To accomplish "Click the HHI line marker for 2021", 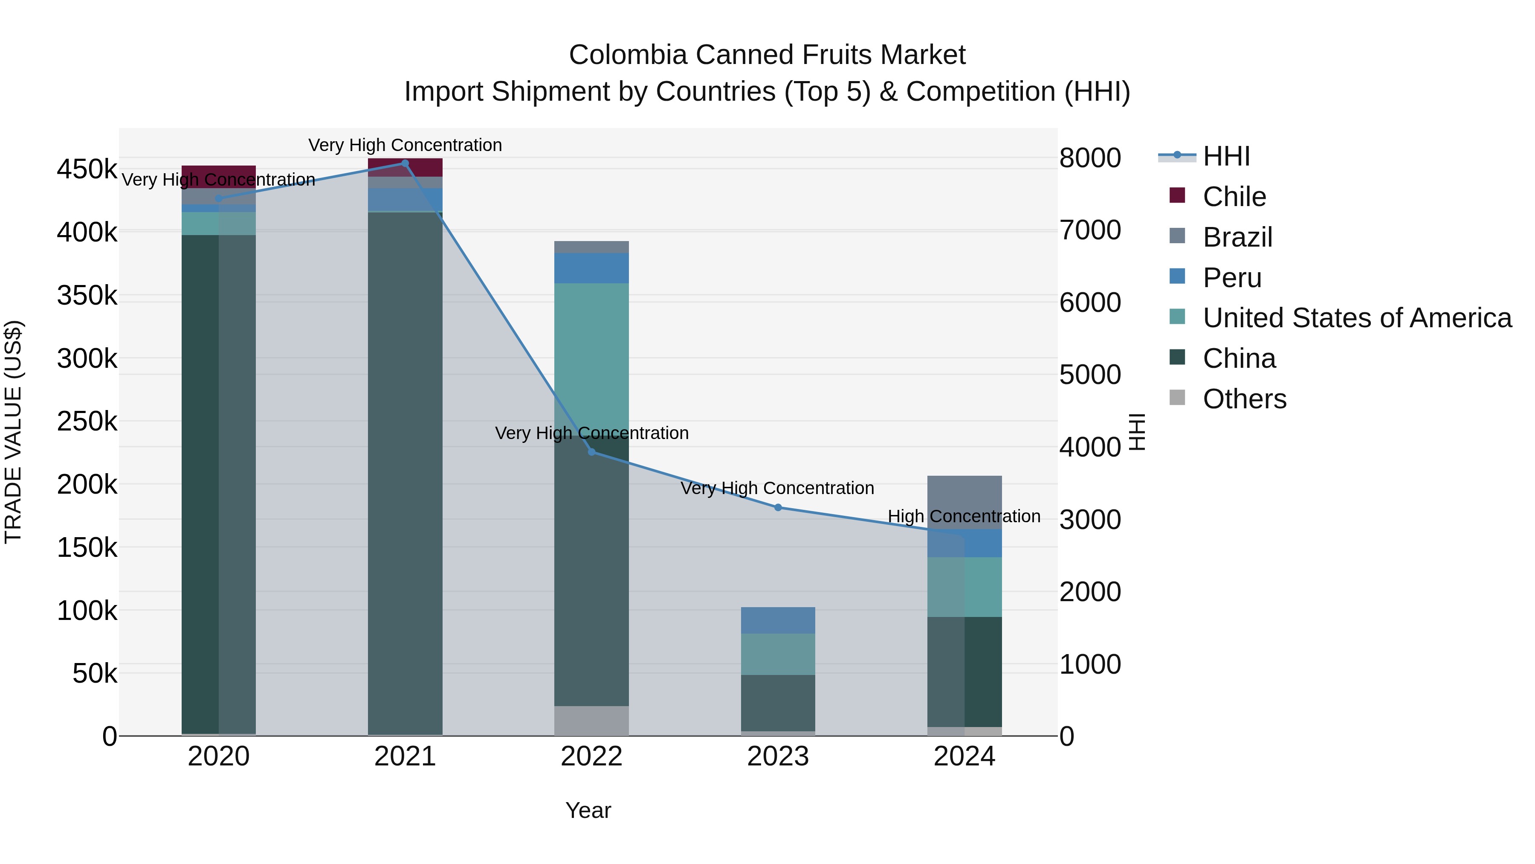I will [405, 163].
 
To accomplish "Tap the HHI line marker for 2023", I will [778, 507].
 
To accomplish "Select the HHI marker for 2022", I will [592, 452].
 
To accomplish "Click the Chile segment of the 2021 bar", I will [405, 168].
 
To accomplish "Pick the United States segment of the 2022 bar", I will [592, 358].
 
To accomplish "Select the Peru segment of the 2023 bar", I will [778, 620].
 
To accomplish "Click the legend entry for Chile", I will [1234, 197].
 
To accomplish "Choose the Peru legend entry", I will [1232, 278].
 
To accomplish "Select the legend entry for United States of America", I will [1356, 318].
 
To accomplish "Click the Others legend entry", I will [1244, 399].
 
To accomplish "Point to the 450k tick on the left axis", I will [87, 169].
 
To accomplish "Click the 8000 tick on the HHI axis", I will [1090, 158].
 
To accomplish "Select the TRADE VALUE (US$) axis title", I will [13, 432].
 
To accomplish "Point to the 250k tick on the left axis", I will [87, 422].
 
